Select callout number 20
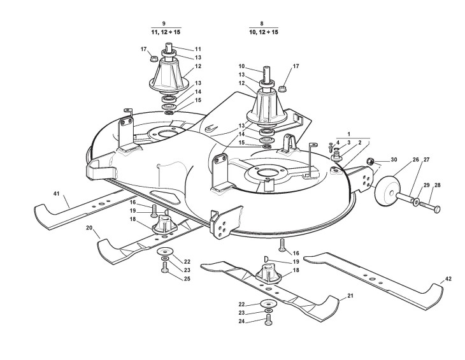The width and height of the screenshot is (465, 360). (x=89, y=227)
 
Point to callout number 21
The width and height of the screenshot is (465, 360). (x=350, y=296)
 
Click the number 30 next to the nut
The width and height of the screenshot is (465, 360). (x=394, y=159)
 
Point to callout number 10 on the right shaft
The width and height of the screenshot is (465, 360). (x=241, y=66)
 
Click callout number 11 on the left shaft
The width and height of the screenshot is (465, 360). (x=198, y=48)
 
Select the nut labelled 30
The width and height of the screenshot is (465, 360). (x=376, y=161)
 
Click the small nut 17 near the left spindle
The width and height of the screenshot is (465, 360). (x=153, y=59)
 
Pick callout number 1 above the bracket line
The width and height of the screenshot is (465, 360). (x=348, y=134)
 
